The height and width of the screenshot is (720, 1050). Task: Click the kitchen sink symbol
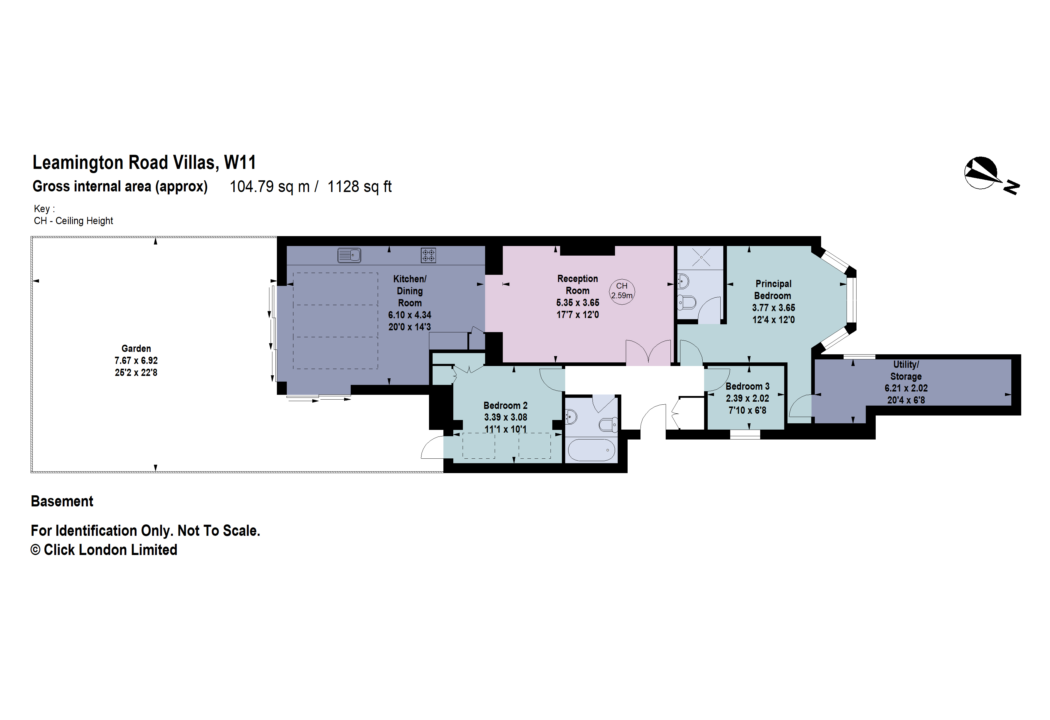click(349, 255)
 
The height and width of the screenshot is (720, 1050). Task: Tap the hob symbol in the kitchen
click(428, 255)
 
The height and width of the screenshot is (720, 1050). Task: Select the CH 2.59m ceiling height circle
click(622, 291)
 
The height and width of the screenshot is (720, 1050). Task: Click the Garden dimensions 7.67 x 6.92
click(136, 361)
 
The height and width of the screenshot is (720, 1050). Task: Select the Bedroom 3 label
click(747, 386)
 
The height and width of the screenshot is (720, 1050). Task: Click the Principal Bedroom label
click(773, 289)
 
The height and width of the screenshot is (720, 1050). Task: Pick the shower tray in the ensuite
click(701, 257)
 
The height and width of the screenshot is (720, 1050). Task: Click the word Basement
click(62, 501)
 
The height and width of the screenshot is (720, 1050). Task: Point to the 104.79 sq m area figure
click(269, 187)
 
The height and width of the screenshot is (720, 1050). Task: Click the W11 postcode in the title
click(240, 163)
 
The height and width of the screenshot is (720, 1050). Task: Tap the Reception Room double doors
click(648, 352)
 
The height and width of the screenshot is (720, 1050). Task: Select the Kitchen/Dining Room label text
click(409, 291)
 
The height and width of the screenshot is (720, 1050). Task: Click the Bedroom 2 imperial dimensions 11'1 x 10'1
click(505, 429)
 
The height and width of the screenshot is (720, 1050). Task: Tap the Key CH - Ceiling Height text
click(73, 220)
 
